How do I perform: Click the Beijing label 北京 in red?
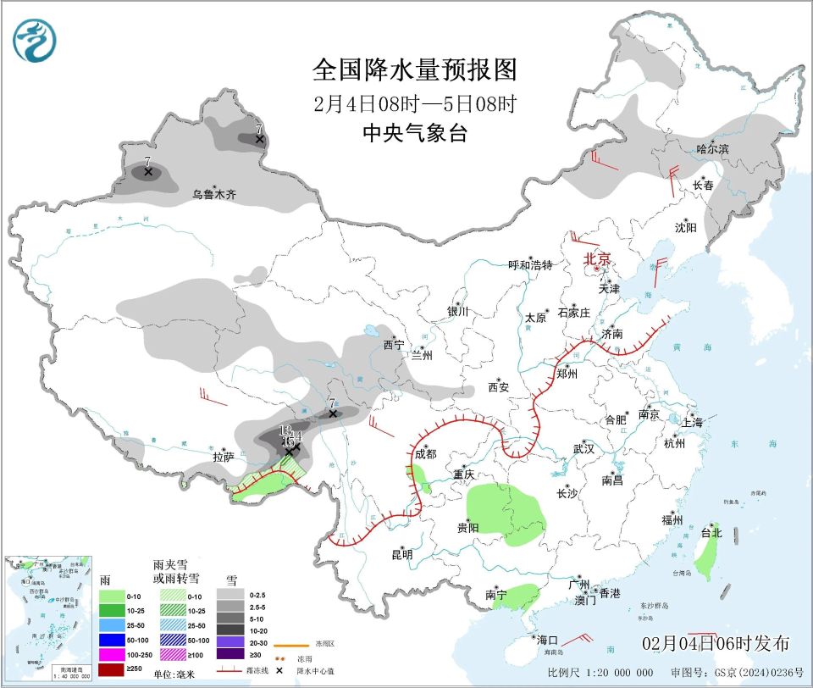coord(597,259)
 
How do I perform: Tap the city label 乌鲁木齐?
coord(213,194)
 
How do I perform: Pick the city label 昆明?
coord(401,555)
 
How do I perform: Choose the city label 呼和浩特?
coord(529,265)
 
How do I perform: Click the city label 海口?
coord(547,640)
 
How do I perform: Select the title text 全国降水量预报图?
coord(414,69)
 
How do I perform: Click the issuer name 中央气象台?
coord(414,133)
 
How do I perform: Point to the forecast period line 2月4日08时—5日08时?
coord(414,104)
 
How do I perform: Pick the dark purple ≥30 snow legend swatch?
coord(230,653)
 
